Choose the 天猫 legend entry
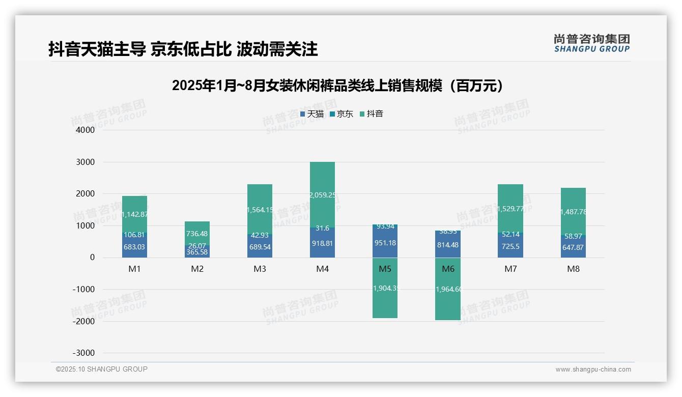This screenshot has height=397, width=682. tap(311, 114)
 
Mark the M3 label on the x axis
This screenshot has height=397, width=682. tap(260, 269)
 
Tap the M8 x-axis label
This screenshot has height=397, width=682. tap(573, 269)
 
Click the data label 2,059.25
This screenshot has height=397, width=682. tap(323, 195)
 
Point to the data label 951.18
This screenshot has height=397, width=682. tap(385, 243)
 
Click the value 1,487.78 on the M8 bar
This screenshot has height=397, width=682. tap(573, 212)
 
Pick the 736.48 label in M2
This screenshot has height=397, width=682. tap(197, 234)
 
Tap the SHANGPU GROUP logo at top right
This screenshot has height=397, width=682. tap(591, 43)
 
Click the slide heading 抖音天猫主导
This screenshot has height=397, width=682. tap(183, 49)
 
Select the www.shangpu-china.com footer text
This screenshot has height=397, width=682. tap(593, 370)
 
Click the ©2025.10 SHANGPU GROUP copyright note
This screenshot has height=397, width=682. tap(102, 370)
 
